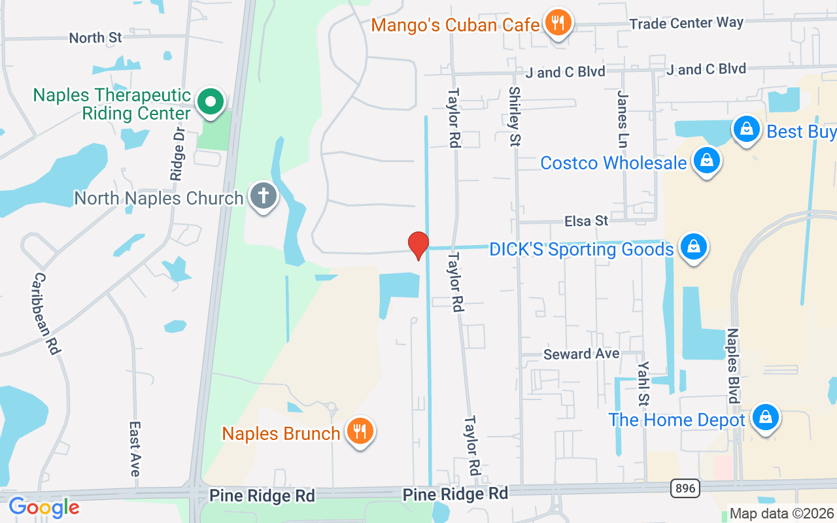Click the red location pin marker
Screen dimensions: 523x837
point(418,245)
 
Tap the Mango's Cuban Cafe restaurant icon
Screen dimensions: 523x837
point(557,24)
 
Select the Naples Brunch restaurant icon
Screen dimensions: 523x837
point(359,431)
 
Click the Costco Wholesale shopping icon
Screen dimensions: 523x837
point(706,161)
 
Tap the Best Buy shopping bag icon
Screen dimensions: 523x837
point(745,130)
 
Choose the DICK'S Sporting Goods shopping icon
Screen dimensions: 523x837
point(694,248)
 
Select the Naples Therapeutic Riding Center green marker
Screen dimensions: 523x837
point(211,103)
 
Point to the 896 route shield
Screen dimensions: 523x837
point(684,488)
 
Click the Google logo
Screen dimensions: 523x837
point(44,507)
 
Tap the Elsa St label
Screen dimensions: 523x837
point(587,221)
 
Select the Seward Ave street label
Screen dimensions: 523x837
point(581,354)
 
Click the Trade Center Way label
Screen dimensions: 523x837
point(686,24)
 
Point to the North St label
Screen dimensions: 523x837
point(95,38)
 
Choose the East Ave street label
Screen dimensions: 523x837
point(135,448)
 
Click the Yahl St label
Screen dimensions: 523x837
point(644,383)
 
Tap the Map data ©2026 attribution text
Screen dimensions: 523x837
point(781,514)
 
